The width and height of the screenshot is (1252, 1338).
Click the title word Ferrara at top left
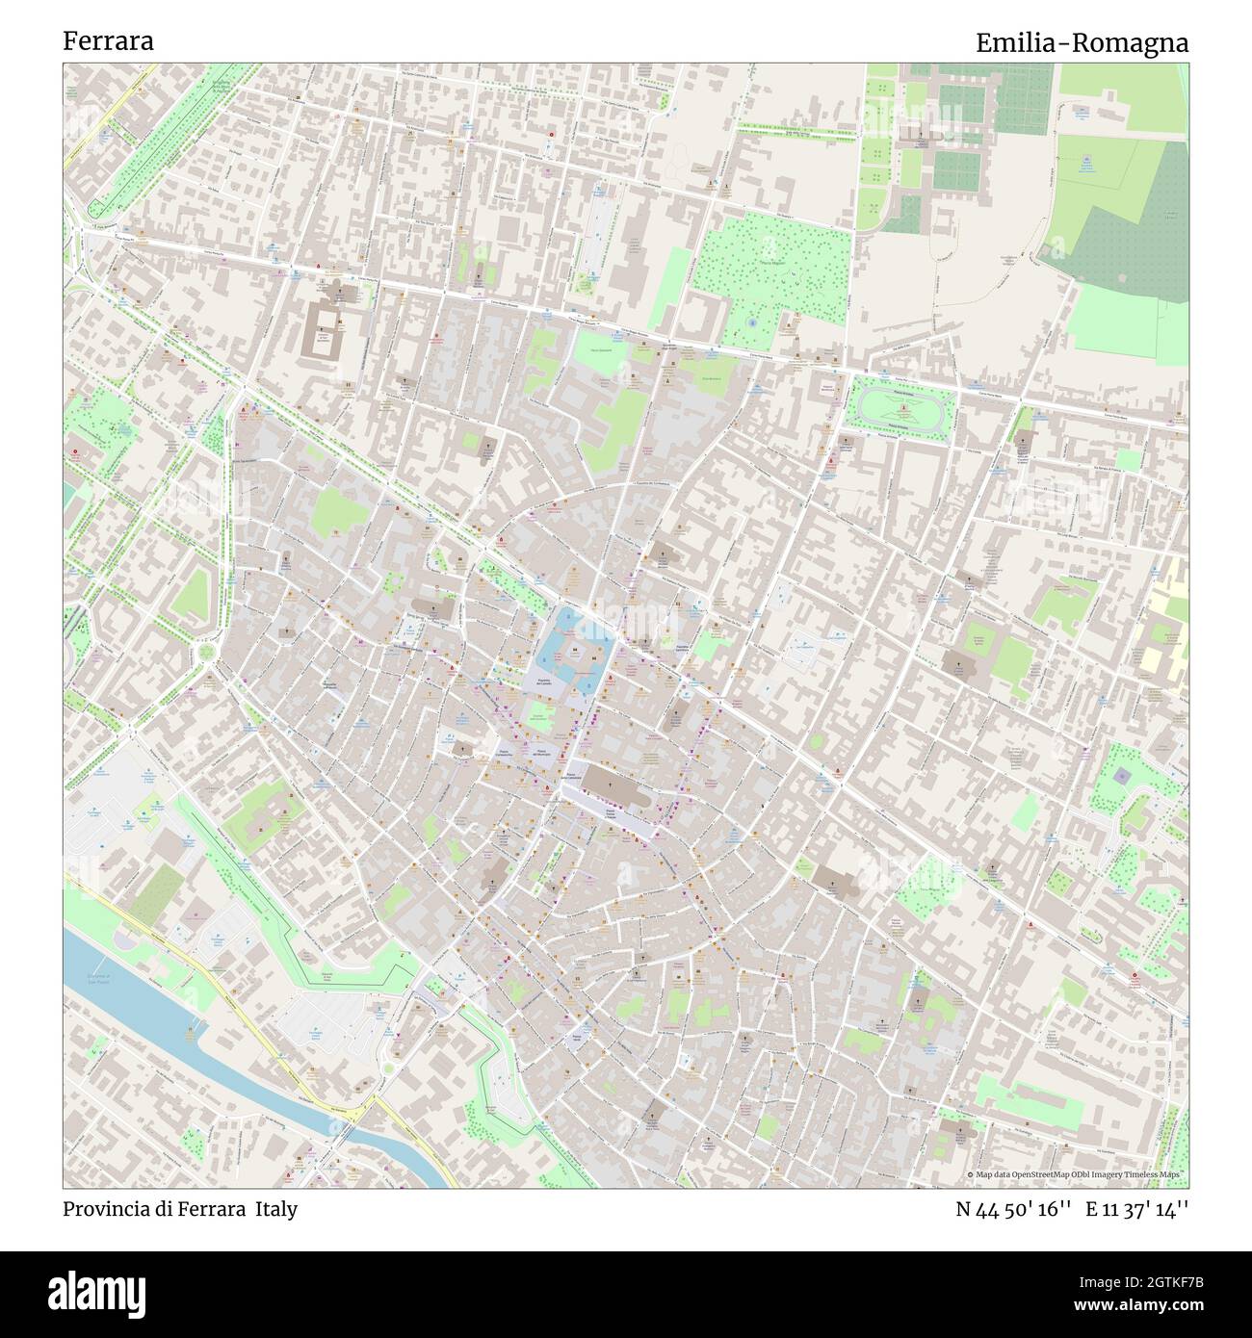tap(108, 41)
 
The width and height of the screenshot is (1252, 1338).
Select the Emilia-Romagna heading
tap(1082, 43)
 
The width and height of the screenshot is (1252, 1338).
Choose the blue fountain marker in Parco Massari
tap(751, 324)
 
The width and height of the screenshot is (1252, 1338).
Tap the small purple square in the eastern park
tap(1120, 774)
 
